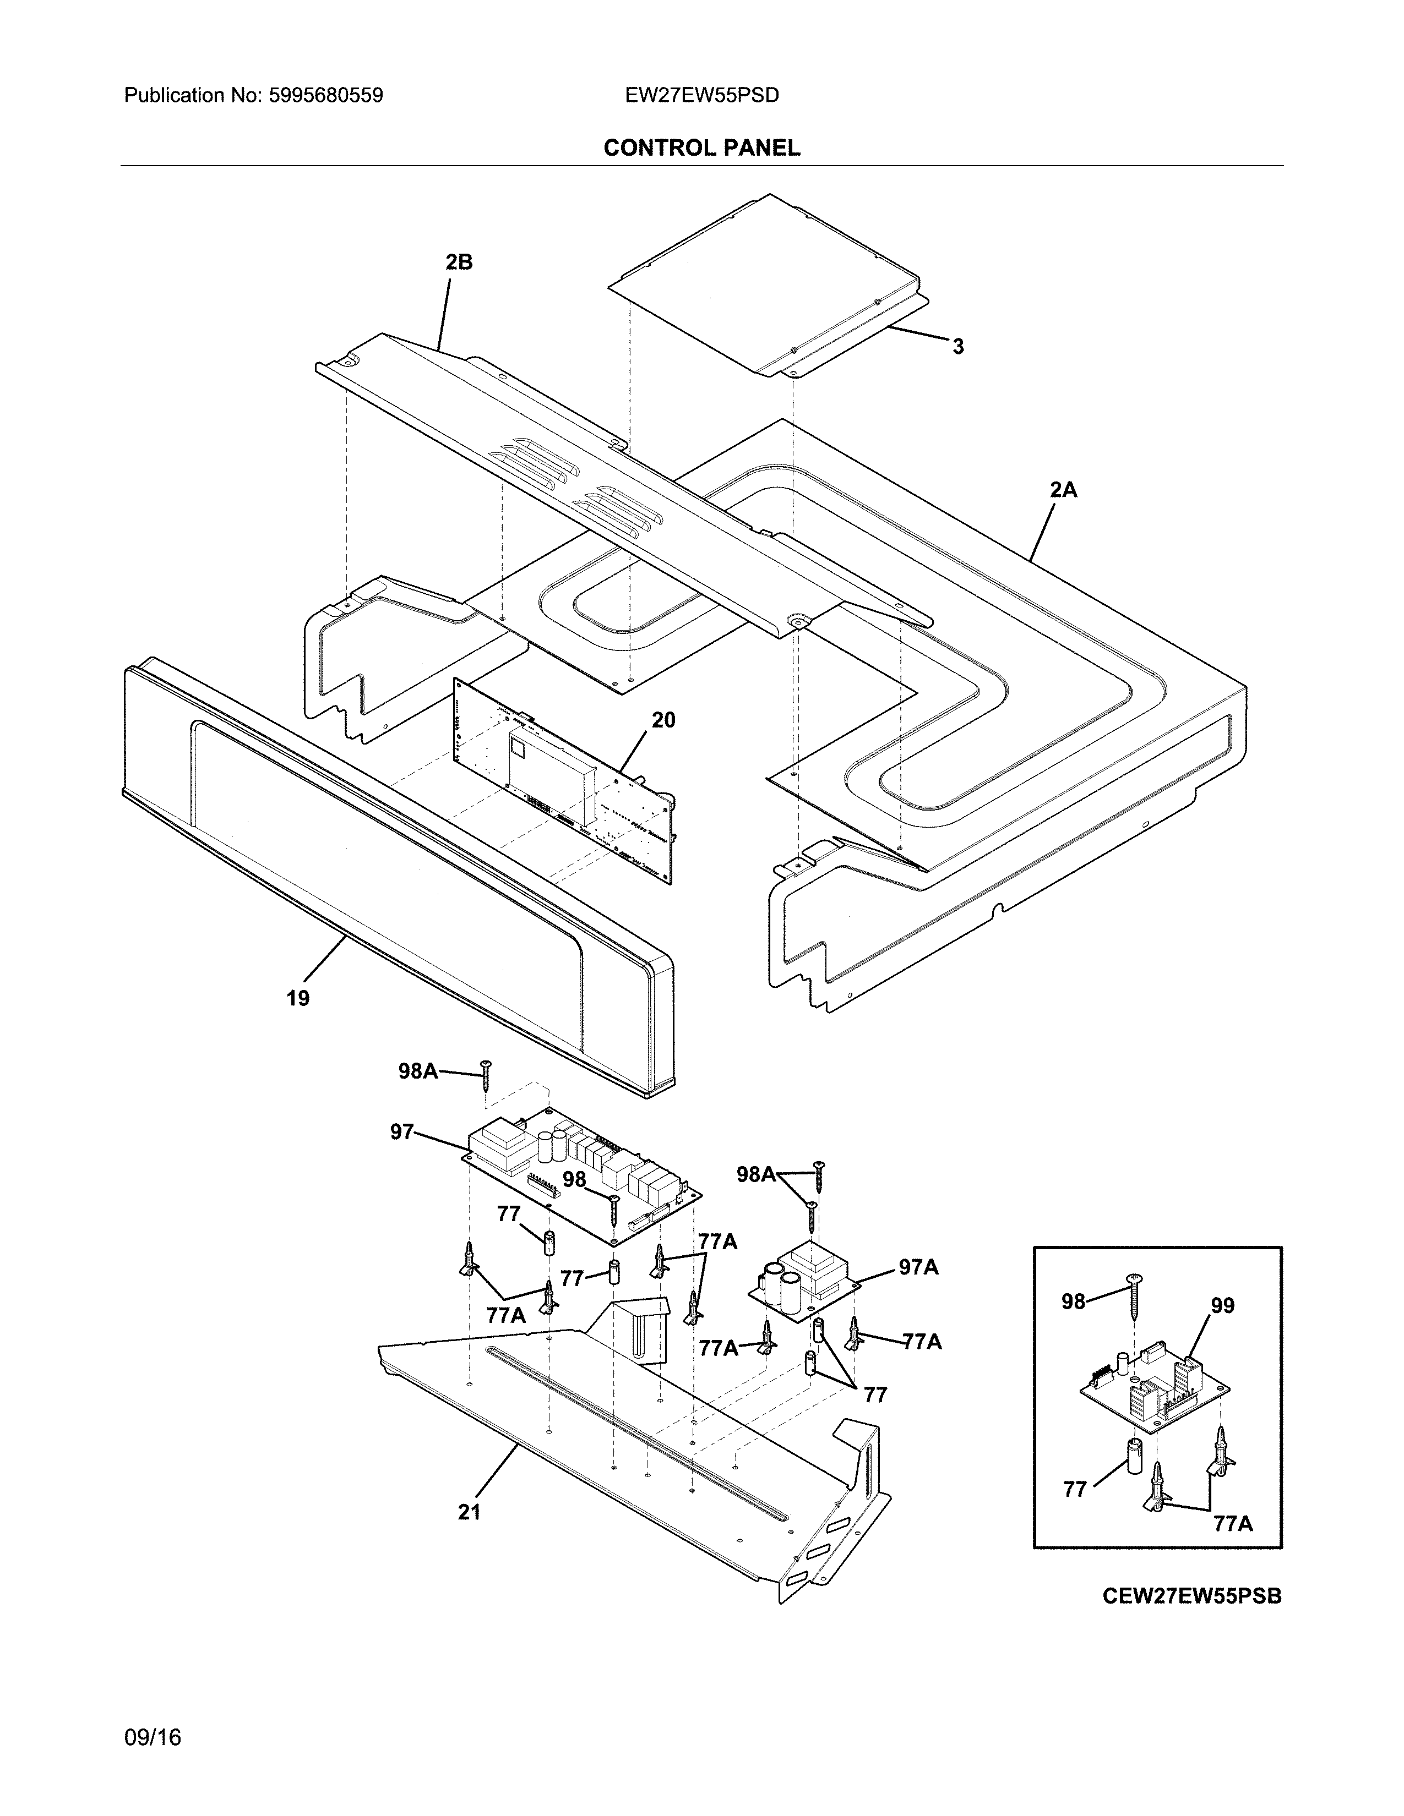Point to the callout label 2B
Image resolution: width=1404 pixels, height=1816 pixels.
point(458,262)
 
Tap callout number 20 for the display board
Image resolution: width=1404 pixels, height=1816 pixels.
point(663,720)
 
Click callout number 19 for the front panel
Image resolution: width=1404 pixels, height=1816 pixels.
point(298,998)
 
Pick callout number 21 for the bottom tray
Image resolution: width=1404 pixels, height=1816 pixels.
point(469,1512)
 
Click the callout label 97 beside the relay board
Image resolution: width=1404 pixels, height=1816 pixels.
point(402,1131)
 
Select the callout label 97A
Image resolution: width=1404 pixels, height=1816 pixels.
point(918,1267)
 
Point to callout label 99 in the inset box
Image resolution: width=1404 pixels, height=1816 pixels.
point(1222,1306)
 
